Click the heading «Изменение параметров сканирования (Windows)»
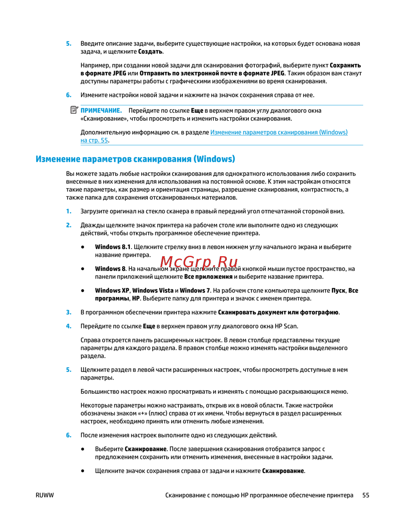tap(135, 159)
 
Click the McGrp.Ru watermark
tap(199, 262)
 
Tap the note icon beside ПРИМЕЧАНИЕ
tap(74, 110)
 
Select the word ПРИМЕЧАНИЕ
tap(101, 111)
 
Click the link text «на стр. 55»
tap(94, 141)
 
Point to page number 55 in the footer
tap(365, 495)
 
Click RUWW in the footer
tap(44, 495)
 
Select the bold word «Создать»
tap(150, 52)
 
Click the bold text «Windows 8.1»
tap(112, 247)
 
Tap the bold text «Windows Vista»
tap(153, 291)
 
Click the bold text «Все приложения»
tap(208, 277)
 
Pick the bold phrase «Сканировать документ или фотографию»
tap(278, 313)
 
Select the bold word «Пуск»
tap(338, 291)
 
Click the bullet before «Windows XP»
tap(83, 291)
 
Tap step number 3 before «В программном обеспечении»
tap(69, 313)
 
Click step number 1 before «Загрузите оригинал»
tap(69, 211)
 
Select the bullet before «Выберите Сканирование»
tap(83, 449)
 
